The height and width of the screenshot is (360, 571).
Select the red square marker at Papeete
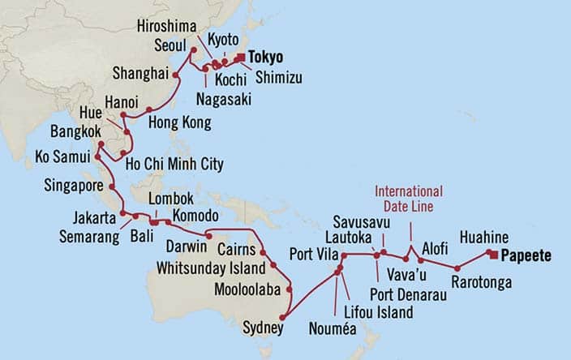point(492,254)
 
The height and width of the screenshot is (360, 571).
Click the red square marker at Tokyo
point(240,57)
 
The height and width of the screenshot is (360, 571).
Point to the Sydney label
point(263,328)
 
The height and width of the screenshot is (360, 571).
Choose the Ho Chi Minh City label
point(175,165)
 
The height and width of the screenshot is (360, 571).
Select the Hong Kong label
point(179,123)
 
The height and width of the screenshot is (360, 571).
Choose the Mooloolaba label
point(230,289)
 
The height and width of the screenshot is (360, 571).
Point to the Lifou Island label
point(376,311)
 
